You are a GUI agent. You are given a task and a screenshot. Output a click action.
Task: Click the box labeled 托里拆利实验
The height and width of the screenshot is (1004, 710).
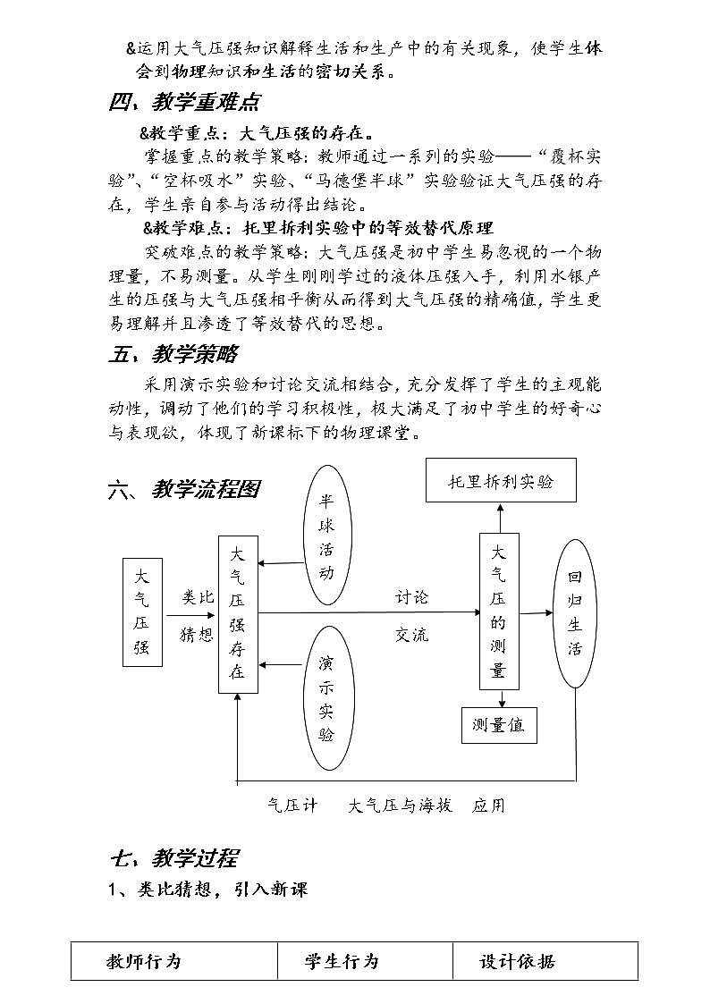501,481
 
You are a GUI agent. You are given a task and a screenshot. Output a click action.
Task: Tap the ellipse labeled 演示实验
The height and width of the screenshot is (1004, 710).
326,698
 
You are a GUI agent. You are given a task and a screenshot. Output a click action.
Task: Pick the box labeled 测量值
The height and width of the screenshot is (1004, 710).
499,725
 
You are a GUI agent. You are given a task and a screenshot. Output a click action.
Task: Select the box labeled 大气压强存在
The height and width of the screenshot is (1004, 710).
238,613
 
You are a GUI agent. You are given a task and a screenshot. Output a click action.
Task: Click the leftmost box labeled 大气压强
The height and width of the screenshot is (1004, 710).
142,612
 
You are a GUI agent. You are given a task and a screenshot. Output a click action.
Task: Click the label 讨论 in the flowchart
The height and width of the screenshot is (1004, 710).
412,596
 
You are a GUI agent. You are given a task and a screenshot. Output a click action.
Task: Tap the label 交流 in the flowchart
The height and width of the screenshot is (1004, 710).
412,635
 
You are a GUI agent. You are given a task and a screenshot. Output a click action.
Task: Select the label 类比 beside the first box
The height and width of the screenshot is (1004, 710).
198,596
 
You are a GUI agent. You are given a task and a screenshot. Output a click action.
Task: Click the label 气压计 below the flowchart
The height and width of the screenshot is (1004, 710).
292,806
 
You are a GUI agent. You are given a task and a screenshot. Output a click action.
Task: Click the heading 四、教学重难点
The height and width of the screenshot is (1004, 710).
184,103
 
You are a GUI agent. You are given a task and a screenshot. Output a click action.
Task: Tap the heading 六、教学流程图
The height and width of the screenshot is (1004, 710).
183,490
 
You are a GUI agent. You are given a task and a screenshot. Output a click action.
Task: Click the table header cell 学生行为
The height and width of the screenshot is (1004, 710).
342,961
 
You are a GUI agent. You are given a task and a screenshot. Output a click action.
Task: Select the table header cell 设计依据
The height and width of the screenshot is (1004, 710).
517,961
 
